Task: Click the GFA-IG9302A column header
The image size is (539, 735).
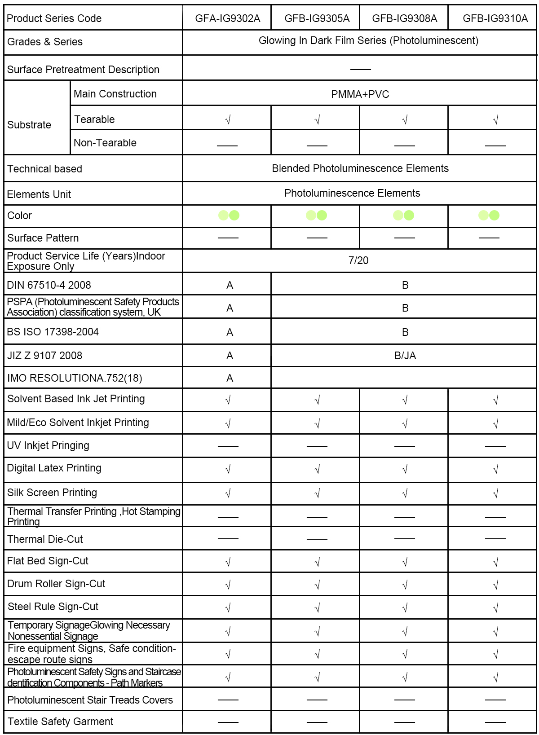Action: coord(227,18)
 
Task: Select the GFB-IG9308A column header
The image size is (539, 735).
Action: coord(404,18)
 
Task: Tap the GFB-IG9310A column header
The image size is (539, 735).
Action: coord(495,18)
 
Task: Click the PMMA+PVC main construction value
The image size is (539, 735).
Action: coord(360,94)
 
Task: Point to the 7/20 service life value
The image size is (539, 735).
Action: coord(358,260)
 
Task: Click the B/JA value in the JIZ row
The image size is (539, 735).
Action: coord(405,356)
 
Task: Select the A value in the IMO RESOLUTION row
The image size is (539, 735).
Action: coord(230,378)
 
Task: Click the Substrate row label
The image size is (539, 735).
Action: coord(29,125)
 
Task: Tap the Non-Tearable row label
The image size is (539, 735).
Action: coord(105,143)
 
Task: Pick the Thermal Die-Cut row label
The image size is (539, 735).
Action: coord(45,539)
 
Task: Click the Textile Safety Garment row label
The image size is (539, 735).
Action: coord(60,722)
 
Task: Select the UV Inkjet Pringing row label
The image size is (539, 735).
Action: coord(48,445)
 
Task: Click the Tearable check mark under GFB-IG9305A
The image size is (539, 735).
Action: coord(317,120)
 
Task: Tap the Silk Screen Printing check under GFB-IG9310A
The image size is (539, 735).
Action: coord(495,493)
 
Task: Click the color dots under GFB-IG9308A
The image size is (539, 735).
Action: coord(403,216)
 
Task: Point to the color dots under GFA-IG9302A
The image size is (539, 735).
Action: coord(229,216)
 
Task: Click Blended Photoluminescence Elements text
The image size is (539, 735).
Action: coord(360,168)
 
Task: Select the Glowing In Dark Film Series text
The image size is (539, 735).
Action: coord(368,40)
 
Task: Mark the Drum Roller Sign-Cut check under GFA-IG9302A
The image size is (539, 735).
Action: coord(228,585)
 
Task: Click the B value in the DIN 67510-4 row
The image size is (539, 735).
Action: coord(405,285)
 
